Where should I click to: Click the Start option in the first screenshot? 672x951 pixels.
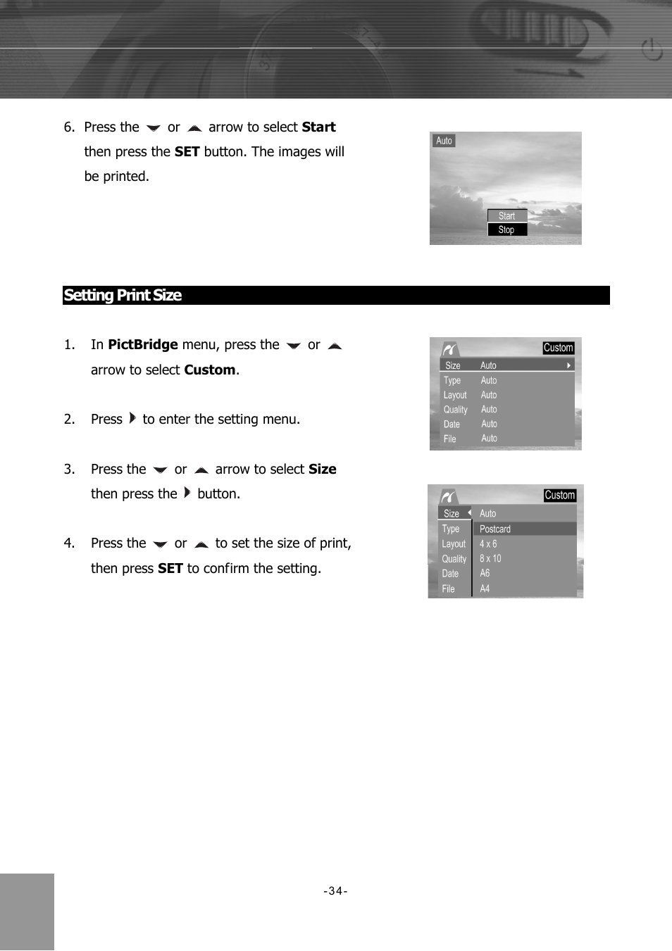(507, 216)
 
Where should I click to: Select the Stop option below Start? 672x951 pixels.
(506, 229)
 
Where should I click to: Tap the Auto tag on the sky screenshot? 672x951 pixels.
(444, 141)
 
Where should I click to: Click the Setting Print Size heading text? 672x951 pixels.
(123, 296)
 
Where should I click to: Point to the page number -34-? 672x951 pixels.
(335, 891)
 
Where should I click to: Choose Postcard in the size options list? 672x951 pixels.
(495, 529)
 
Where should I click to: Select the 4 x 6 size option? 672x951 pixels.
(488, 544)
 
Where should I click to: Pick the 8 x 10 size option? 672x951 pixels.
(490, 559)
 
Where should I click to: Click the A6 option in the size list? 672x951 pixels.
(485, 574)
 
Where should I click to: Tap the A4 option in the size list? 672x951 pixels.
(485, 588)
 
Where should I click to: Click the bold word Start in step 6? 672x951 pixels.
(318, 127)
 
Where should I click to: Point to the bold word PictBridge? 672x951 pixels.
(143, 345)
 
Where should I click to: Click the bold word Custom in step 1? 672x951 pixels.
(209, 370)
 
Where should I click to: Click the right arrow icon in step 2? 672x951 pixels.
(132, 418)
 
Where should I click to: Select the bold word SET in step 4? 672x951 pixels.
(170, 569)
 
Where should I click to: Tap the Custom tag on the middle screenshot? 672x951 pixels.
(558, 348)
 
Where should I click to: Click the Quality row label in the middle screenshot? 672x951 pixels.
(455, 410)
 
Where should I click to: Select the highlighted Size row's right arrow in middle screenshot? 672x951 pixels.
(568, 365)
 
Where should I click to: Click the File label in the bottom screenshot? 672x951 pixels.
(448, 589)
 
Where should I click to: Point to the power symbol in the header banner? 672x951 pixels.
(652, 51)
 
